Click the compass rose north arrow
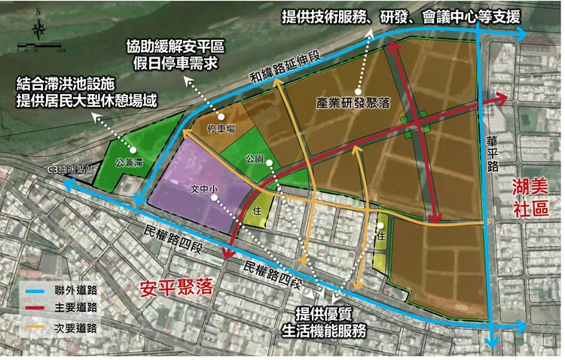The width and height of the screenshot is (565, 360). (x=39, y=28)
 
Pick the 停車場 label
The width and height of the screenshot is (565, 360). (x=221, y=129)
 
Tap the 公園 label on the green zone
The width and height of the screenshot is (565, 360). (x=254, y=160)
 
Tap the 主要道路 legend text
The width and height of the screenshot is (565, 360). (x=76, y=309)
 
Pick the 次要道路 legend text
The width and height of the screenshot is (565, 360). (x=76, y=328)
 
